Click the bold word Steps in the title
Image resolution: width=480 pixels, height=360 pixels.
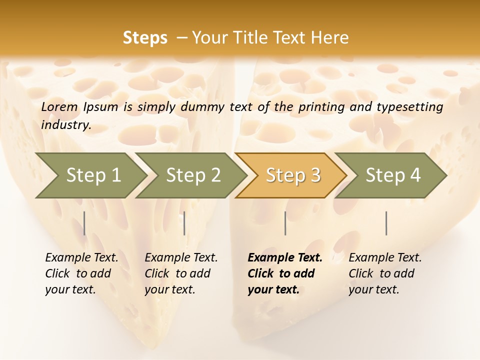coord(145,38)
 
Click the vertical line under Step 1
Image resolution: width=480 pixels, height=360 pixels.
coord(84,223)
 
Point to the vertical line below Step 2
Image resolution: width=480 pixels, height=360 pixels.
coord(184,223)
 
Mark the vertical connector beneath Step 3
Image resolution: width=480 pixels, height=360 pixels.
coord(285,223)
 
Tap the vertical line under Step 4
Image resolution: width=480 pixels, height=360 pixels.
coord(386,223)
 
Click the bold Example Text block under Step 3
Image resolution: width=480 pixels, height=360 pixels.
coord(285,273)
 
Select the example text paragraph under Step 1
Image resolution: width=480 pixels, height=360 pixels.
coord(81,273)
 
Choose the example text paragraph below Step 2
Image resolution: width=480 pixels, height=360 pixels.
coord(181,273)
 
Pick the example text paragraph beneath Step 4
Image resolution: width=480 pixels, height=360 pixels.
coord(385,273)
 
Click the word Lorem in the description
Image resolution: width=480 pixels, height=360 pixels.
coord(59,106)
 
